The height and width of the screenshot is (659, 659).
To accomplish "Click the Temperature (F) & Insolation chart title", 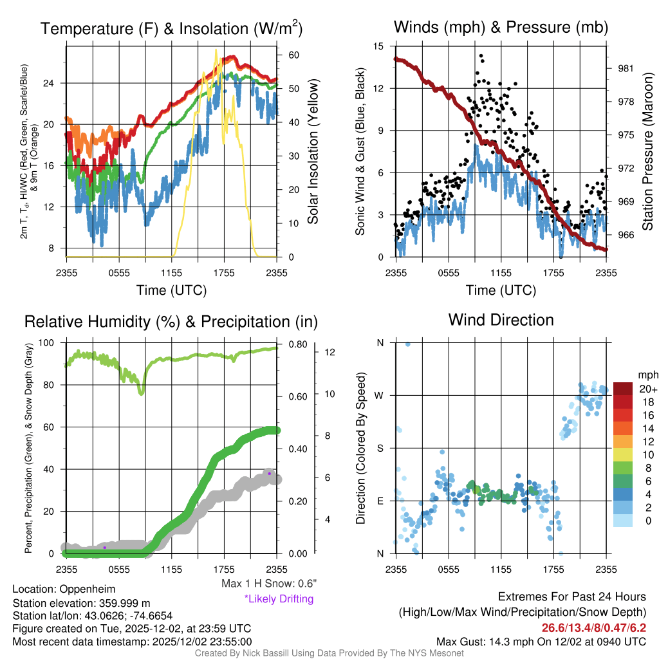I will tap(171, 29).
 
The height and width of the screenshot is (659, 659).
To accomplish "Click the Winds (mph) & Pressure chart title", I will tap(501, 28).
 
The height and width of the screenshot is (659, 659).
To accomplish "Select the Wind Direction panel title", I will tap(501, 320).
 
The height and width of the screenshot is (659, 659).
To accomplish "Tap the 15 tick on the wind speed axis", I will tap(379, 46).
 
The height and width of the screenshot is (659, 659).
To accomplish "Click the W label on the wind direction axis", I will tap(380, 395).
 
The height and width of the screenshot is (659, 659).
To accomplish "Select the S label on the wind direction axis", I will tap(380, 448).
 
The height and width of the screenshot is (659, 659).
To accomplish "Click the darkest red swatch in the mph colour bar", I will tap(622, 389).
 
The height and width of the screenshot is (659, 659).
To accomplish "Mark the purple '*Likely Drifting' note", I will tap(279, 599).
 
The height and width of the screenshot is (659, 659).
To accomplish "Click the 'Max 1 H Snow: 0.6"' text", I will tap(268, 584).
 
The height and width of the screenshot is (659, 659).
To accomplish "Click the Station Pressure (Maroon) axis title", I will tap(648, 152).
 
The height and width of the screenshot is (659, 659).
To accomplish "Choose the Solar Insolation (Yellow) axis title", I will tap(313, 152).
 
